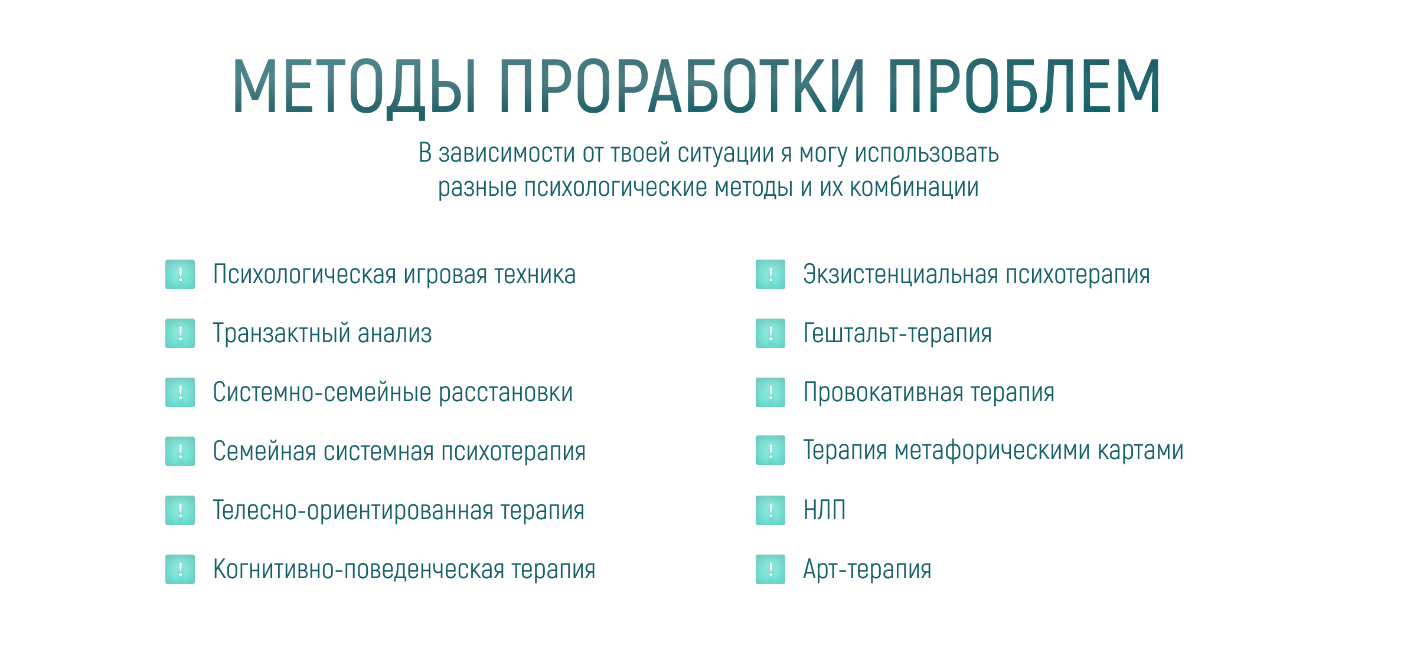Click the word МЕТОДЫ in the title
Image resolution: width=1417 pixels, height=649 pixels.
point(355,87)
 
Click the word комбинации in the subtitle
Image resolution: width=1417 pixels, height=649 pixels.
point(914,188)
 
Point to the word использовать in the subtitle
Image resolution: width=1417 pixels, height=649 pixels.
point(927,153)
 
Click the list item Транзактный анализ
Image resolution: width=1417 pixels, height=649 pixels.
point(322,333)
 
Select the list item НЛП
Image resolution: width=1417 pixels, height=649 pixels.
point(824,510)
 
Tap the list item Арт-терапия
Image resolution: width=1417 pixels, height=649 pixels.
point(867,569)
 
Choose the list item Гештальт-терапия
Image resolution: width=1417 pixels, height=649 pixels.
point(897,333)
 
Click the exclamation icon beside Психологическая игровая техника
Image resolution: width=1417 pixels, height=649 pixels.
point(180,274)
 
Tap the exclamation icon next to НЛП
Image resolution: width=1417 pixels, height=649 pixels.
point(770,510)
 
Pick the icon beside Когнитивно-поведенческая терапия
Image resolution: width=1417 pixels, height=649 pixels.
point(180,569)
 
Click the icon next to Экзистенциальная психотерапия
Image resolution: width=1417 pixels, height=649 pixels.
point(770,274)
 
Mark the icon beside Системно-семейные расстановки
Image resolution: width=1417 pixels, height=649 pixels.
point(180,392)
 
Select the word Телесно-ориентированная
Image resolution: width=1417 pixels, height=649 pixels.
point(353,510)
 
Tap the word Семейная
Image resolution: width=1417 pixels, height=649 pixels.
point(264,451)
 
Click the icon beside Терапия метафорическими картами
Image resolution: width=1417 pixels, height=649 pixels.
point(770,450)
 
